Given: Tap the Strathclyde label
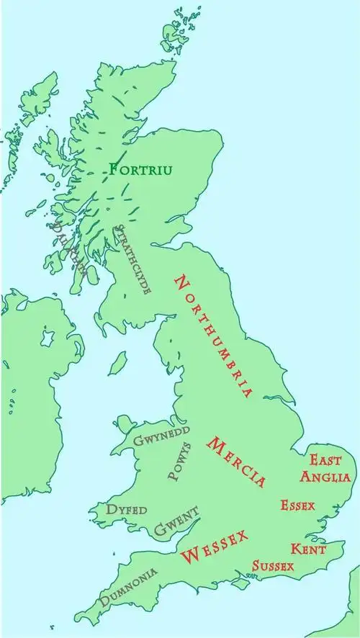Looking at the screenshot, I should click(x=133, y=259).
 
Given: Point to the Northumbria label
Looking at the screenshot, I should click(x=214, y=336).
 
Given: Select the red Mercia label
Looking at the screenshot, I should click(x=236, y=462).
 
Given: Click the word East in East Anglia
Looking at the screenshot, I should click(x=325, y=459).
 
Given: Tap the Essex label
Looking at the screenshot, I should click(x=297, y=505).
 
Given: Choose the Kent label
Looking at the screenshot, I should click(x=308, y=549).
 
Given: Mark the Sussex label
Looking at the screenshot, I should click(x=273, y=565).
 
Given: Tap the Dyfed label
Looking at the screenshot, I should click(x=127, y=509).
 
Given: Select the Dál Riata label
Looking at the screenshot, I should click(x=68, y=248).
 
